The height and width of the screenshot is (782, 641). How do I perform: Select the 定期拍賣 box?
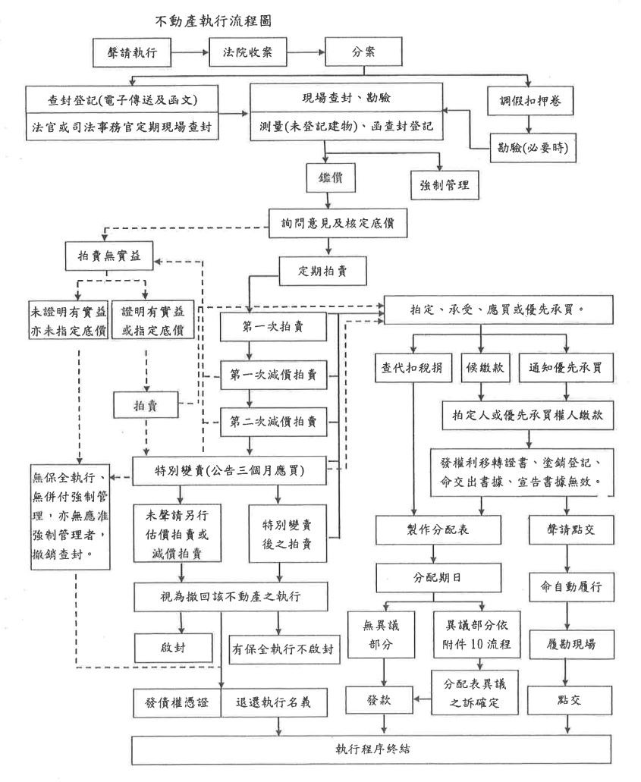click(x=326, y=268)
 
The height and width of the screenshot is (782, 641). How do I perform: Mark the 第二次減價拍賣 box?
click(x=279, y=420)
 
